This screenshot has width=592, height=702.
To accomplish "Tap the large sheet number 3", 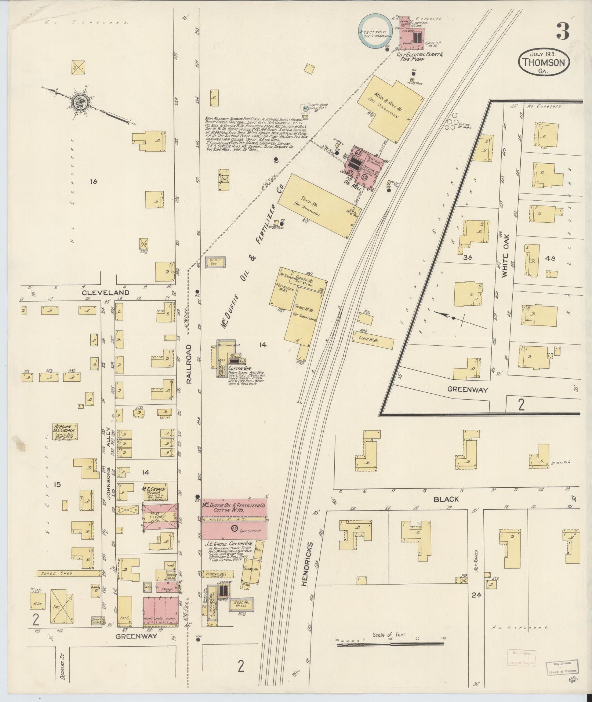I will click(563, 31).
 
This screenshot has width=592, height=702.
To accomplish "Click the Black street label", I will click(446, 499).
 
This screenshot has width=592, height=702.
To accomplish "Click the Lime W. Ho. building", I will click(373, 339).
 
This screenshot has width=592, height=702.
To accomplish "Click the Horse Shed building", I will click(69, 583).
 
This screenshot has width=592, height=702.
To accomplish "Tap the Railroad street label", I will click(189, 364).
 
